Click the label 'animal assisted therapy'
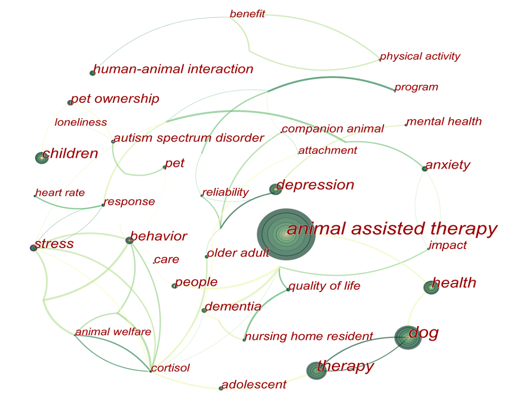coord(392,229)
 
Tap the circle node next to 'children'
coord(41,157)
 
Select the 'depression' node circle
coord(275,189)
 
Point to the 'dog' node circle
coord(408,338)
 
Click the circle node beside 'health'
coord(431,287)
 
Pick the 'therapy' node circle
coord(316,371)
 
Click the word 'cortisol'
coord(171,368)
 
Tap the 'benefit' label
coord(247,14)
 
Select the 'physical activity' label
coord(420,57)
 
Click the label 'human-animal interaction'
coord(173,69)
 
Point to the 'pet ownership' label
coord(115,99)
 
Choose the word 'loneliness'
coord(80,123)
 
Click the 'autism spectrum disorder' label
coord(189,138)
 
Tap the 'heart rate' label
coord(60,193)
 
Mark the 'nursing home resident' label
coord(309,337)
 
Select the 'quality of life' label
coord(325,286)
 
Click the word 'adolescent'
coord(254,385)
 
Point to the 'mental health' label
coord(444,122)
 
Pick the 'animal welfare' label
coord(113,332)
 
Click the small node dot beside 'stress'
coord(33,248)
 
